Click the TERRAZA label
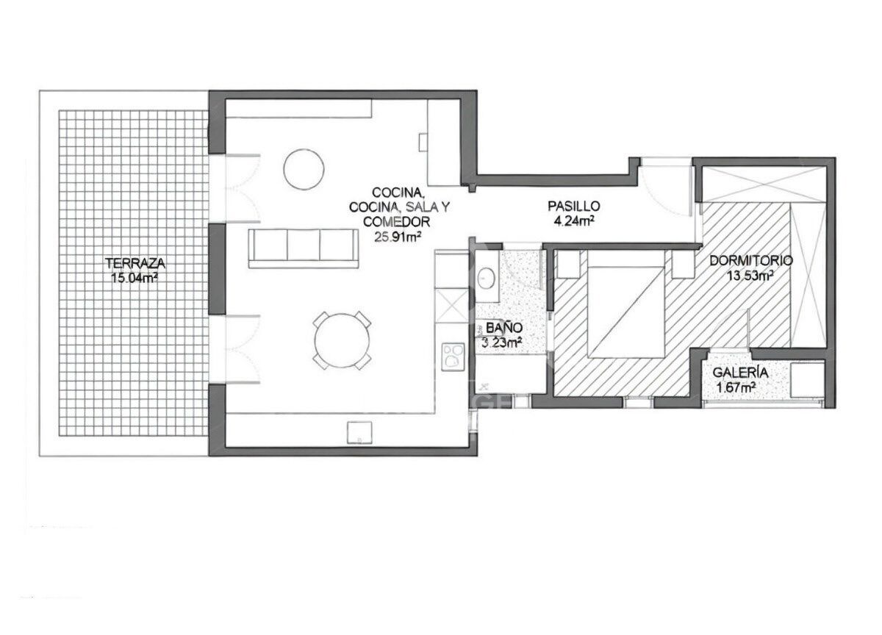pyautogui.click(x=135, y=263)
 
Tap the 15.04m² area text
pyautogui.click(x=135, y=278)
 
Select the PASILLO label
pyautogui.click(x=574, y=206)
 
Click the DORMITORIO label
pyautogui.click(x=751, y=260)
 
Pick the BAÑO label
pyautogui.click(x=504, y=327)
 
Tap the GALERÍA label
pyautogui.click(x=740, y=372)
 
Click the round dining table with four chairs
pyautogui.click(x=342, y=340)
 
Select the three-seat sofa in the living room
pyautogui.click(x=303, y=249)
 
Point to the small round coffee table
pyautogui.click(x=304, y=169)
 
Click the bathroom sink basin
pyautogui.click(x=487, y=279)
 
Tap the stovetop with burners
pyautogui.click(x=453, y=356)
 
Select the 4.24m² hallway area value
pyautogui.click(x=574, y=221)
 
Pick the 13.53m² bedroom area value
pyautogui.click(x=750, y=276)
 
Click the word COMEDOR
pyautogui.click(x=396, y=222)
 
